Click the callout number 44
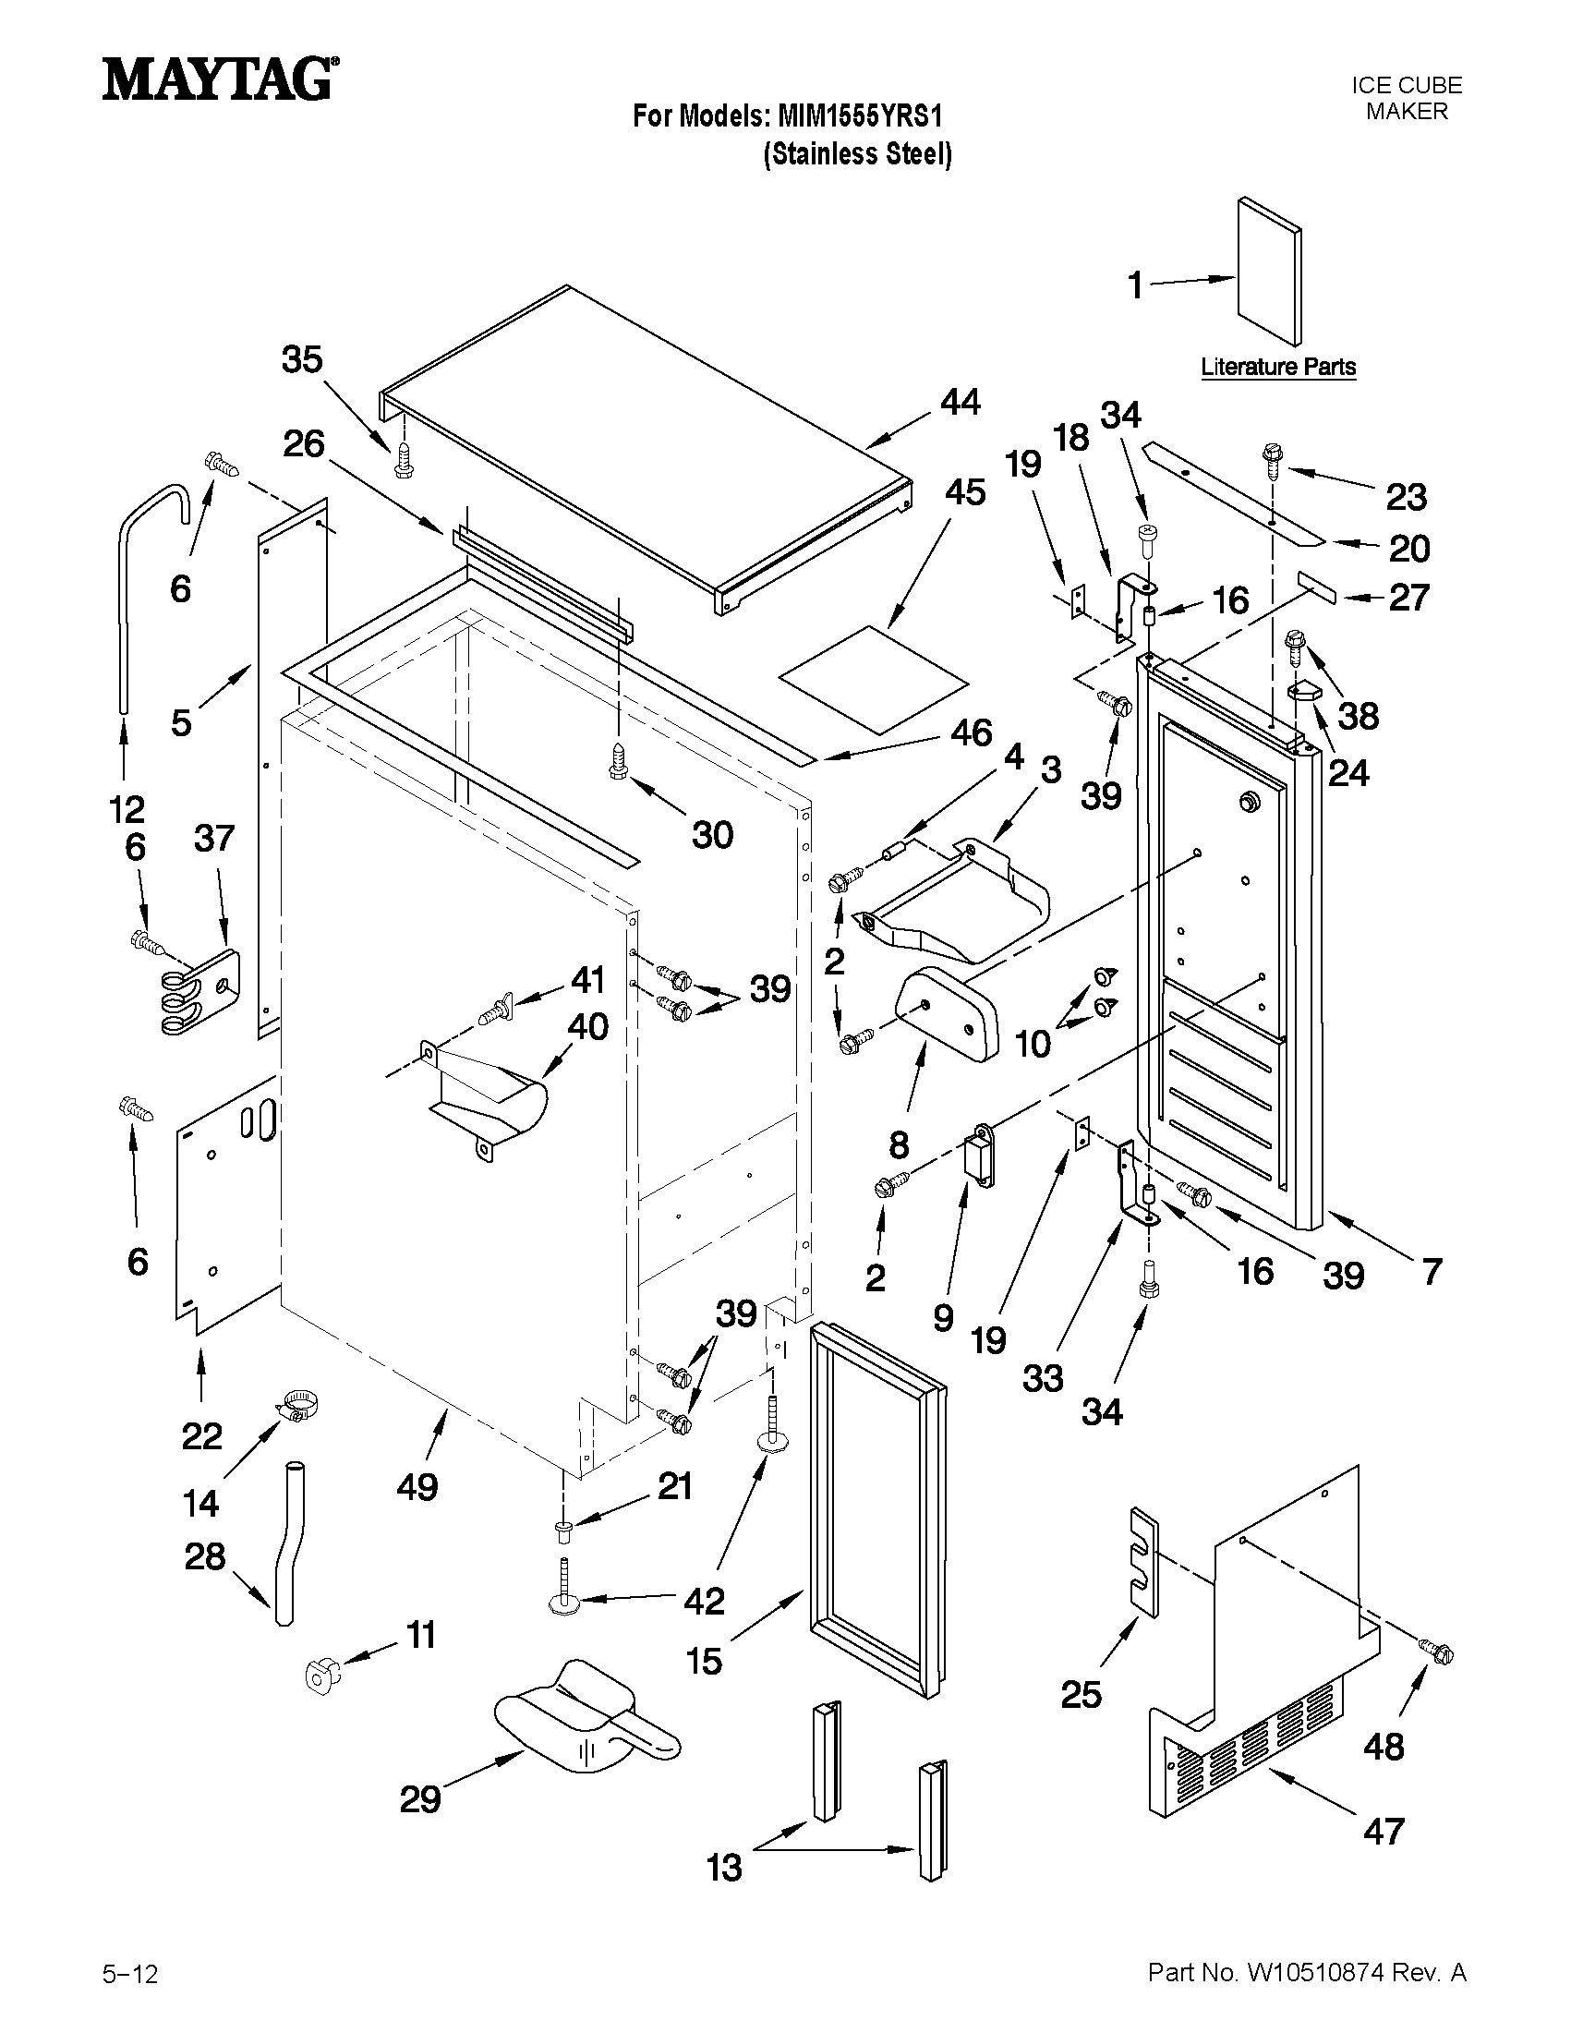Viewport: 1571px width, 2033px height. pyautogui.click(x=960, y=402)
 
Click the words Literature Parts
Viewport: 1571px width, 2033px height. pyautogui.click(x=1277, y=367)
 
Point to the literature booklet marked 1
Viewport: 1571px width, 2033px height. pyautogui.click(x=1268, y=271)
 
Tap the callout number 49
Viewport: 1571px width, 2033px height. pyautogui.click(x=417, y=1487)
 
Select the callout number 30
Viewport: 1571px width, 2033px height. pyautogui.click(x=712, y=835)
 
